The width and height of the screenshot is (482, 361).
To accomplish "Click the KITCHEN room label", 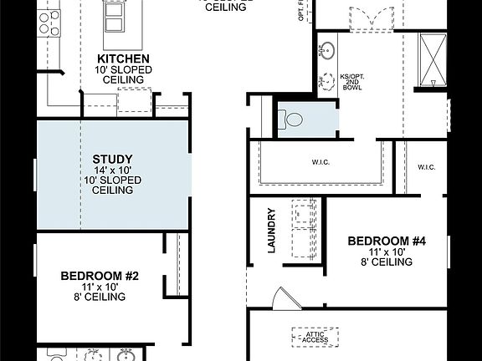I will tap(124, 58).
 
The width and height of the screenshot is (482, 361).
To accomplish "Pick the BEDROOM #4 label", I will tap(387, 241).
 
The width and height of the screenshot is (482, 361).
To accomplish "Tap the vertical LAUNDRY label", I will tap(272, 230).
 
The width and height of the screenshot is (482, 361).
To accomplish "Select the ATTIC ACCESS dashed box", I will tap(315, 337).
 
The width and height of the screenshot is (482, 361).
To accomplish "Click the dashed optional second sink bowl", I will tap(326, 80).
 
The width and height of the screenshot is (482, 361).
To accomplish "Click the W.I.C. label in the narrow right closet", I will tap(427, 167).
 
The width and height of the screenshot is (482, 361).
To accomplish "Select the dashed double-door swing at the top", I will tap(371, 18).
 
